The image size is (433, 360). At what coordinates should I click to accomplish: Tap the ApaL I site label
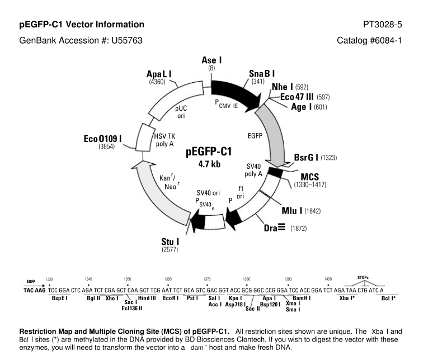pos(159,74)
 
